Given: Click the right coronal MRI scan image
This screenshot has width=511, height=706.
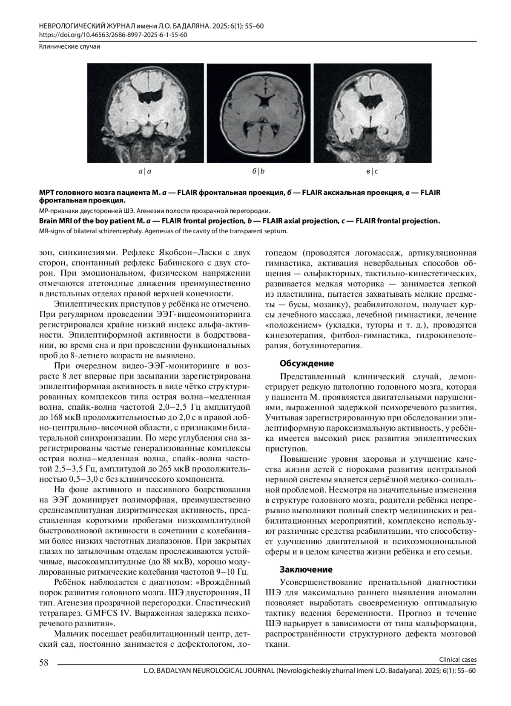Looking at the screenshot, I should coord(373,113).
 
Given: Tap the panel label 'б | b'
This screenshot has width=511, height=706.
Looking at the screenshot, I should coord(258,172).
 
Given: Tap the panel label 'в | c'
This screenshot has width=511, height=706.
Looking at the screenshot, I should coord(372,172).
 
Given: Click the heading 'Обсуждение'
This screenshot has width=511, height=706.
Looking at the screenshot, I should coord(307,364).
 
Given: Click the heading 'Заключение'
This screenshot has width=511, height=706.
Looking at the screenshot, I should coord(306,570).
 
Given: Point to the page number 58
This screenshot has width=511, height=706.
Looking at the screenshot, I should coord(44,662).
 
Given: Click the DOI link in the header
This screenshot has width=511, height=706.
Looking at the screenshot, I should coord(113,35).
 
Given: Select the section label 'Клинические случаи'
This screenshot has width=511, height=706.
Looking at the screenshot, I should coord(69,47).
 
